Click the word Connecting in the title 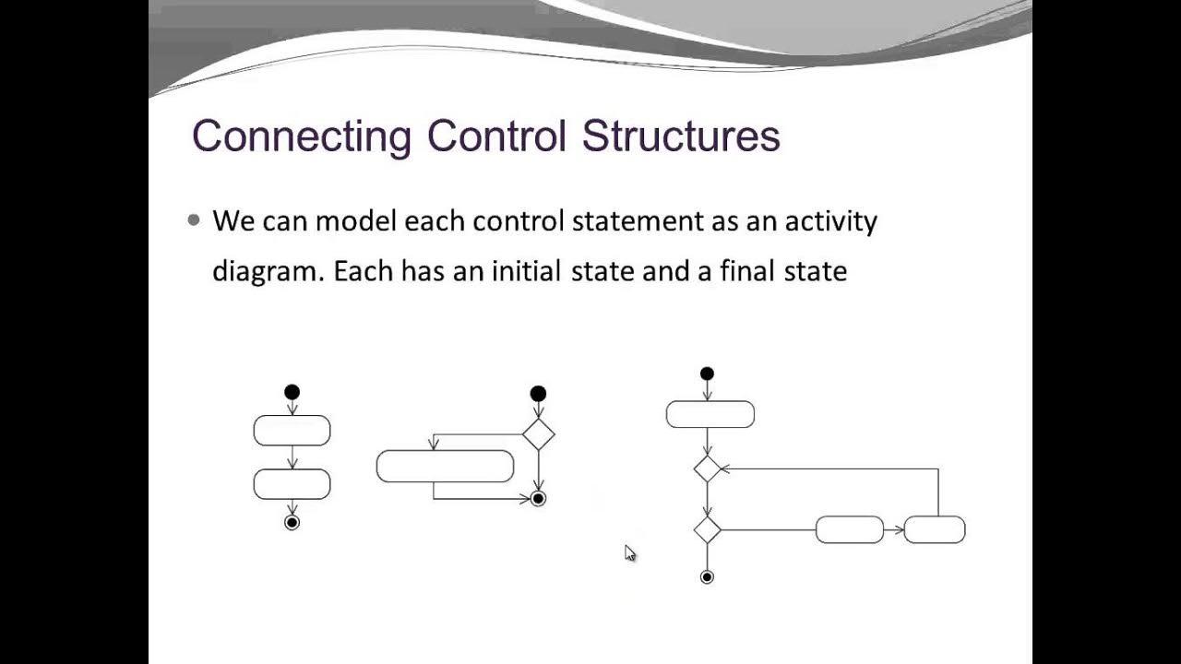coord(301,136)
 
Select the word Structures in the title coord(681,136)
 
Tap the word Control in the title coord(495,136)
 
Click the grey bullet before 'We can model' coord(194,220)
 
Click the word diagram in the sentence coord(266,272)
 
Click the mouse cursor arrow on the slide coord(629,552)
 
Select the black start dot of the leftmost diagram coord(292,392)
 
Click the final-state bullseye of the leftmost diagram coord(292,523)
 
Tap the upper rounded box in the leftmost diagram coord(292,431)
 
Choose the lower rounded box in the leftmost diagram coord(292,484)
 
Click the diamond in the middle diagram coord(538,433)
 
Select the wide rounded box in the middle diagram coord(445,467)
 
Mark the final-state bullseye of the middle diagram coord(538,499)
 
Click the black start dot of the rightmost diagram coord(707,373)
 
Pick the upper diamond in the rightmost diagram coord(707,468)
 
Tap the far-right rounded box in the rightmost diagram coord(935,530)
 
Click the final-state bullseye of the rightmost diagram coord(707,577)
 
